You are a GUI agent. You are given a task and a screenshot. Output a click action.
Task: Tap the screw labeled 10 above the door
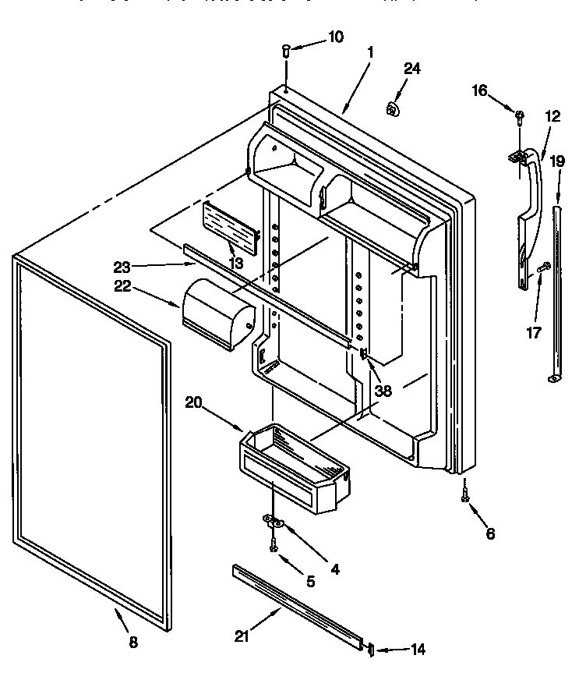coord(286,51)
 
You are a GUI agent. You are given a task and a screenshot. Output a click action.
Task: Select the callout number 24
coord(411,69)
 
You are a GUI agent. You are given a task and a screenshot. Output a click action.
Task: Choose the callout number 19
coord(557,161)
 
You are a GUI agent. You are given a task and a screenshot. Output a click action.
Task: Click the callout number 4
coord(334,569)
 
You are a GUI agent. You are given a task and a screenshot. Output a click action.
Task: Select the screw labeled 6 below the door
coord(465,496)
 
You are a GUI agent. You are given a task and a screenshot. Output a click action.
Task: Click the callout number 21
coord(243,636)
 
